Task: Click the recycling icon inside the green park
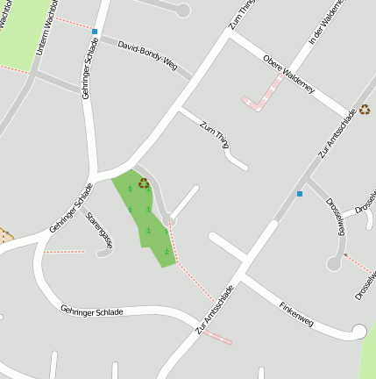pyautogui.click(x=144, y=183)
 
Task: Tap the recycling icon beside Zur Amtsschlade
pyautogui.click(x=365, y=110)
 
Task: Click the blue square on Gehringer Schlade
pyautogui.click(x=95, y=32)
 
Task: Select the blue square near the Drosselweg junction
pyautogui.click(x=300, y=193)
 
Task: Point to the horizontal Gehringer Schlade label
pyautogui.click(x=92, y=311)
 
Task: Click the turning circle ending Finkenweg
pyautogui.click(x=358, y=331)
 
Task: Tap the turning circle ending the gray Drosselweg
pyautogui.click(x=334, y=262)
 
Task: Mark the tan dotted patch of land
pyautogui.click(x=5, y=235)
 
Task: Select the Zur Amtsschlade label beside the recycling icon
pyautogui.click(x=338, y=136)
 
